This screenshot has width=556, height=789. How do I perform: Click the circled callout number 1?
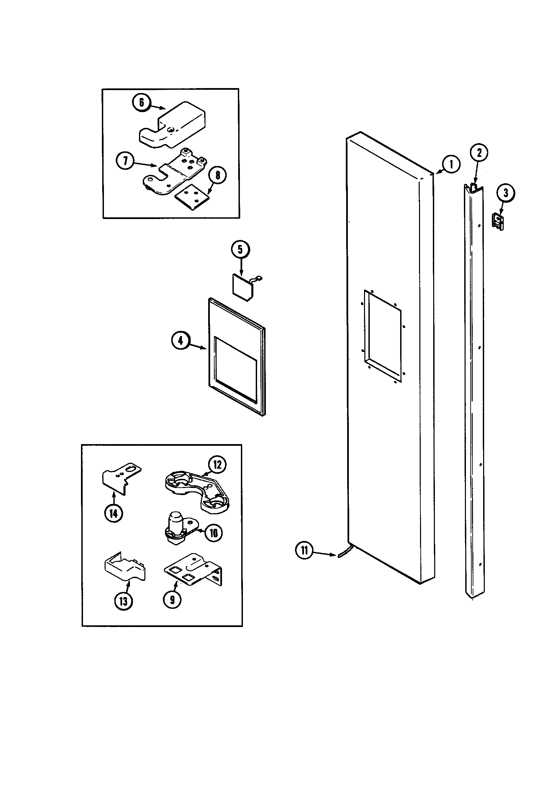click(451, 165)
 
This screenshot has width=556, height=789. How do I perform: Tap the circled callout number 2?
click(479, 152)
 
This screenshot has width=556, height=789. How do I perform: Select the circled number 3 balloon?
click(505, 193)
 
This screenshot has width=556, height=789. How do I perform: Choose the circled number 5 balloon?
click(240, 250)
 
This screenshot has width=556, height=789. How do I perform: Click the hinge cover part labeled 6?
click(172, 126)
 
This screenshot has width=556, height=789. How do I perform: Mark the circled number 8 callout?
click(217, 175)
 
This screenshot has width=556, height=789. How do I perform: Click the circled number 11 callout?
click(304, 550)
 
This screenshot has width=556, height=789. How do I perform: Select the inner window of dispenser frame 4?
click(235, 369)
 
